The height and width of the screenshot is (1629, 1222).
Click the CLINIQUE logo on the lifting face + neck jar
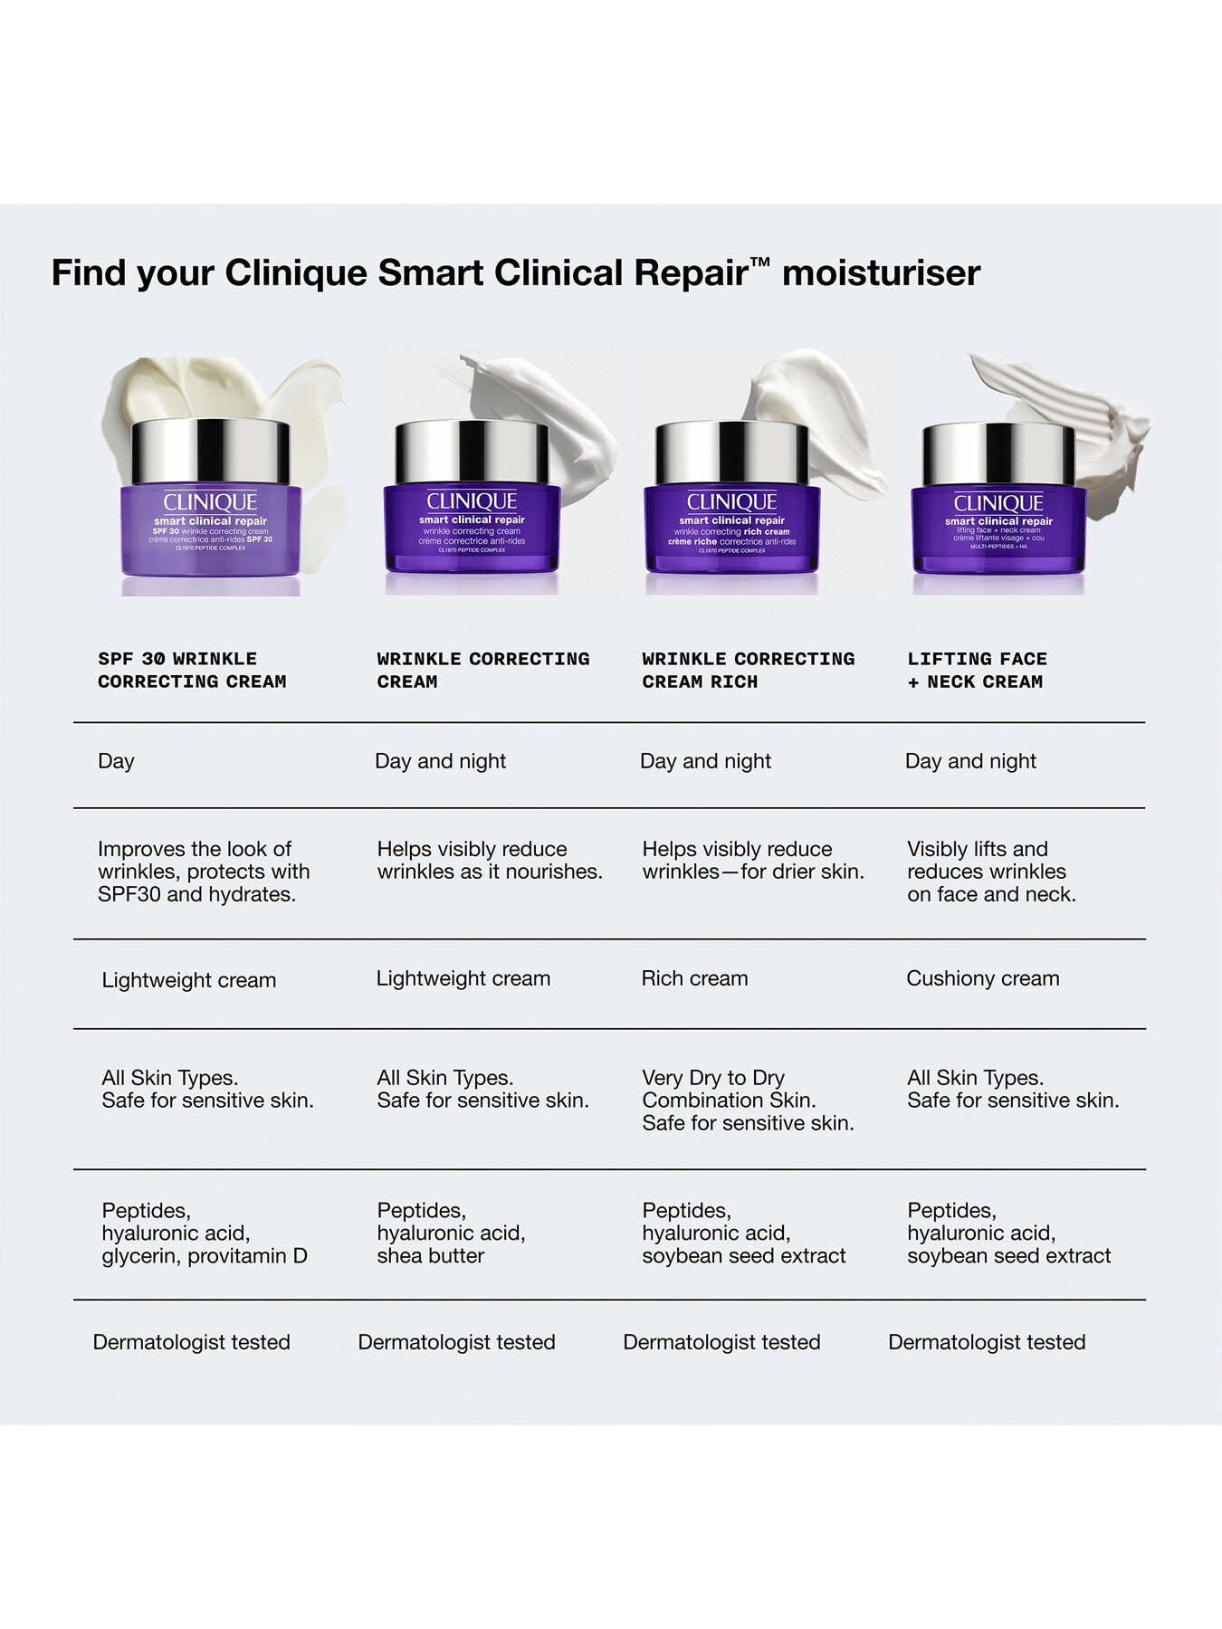point(998,503)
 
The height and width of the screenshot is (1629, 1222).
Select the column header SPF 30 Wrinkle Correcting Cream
point(192,671)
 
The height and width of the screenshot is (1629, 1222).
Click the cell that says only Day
point(116,761)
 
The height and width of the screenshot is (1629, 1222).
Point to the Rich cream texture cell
point(694,978)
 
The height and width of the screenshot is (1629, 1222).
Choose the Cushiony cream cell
point(982,978)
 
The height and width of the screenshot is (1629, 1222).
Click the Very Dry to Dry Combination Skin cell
point(729,1089)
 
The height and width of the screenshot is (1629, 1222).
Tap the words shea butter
point(431,1256)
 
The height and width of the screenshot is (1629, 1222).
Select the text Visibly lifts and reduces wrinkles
point(987,861)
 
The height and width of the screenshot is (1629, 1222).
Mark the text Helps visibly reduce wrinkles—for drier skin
point(752,861)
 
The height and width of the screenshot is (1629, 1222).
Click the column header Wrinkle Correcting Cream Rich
point(748,671)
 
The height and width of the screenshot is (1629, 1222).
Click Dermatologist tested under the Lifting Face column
point(987,1342)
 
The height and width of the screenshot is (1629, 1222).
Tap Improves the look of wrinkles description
point(203,872)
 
